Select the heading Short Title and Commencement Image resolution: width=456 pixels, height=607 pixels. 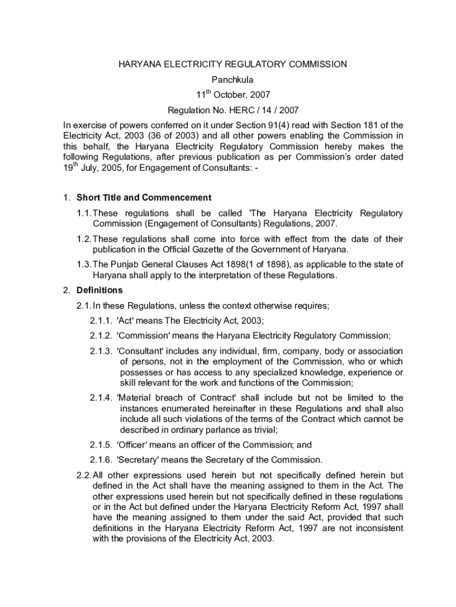(x=144, y=197)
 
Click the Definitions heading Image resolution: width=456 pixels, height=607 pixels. (x=99, y=290)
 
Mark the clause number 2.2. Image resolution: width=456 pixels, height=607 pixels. (x=84, y=475)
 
